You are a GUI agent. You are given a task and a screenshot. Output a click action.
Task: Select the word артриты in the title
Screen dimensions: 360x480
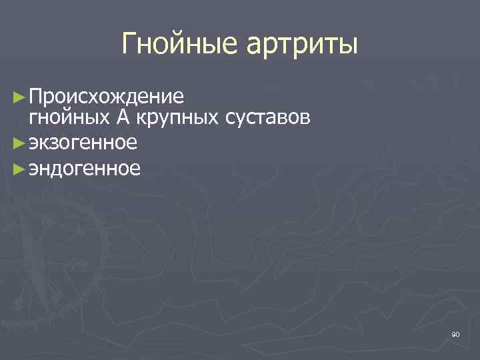(303, 45)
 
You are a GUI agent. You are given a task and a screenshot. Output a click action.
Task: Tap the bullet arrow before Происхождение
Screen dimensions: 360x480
(20, 97)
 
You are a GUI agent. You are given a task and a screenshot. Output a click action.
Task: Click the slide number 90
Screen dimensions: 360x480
(455, 334)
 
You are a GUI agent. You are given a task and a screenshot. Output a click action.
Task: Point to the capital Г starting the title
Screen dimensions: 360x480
(130, 44)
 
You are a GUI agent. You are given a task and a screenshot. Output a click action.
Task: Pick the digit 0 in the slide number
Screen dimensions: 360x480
(458, 334)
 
